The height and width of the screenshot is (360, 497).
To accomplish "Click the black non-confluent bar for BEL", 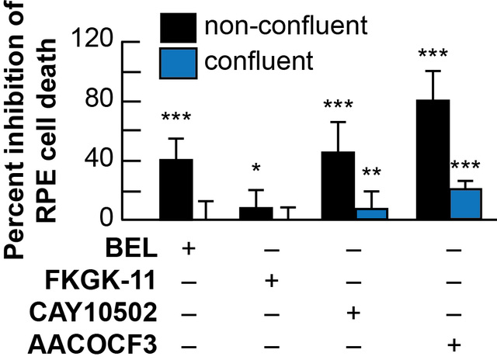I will coord(176,190).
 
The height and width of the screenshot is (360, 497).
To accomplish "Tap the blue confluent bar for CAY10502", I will coord(371,214).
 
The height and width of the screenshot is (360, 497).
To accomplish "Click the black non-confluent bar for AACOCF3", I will coord(433,160).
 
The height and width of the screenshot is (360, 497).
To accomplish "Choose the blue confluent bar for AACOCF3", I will coord(464,204).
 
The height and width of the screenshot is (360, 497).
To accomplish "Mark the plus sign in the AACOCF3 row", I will coord(455,344).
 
